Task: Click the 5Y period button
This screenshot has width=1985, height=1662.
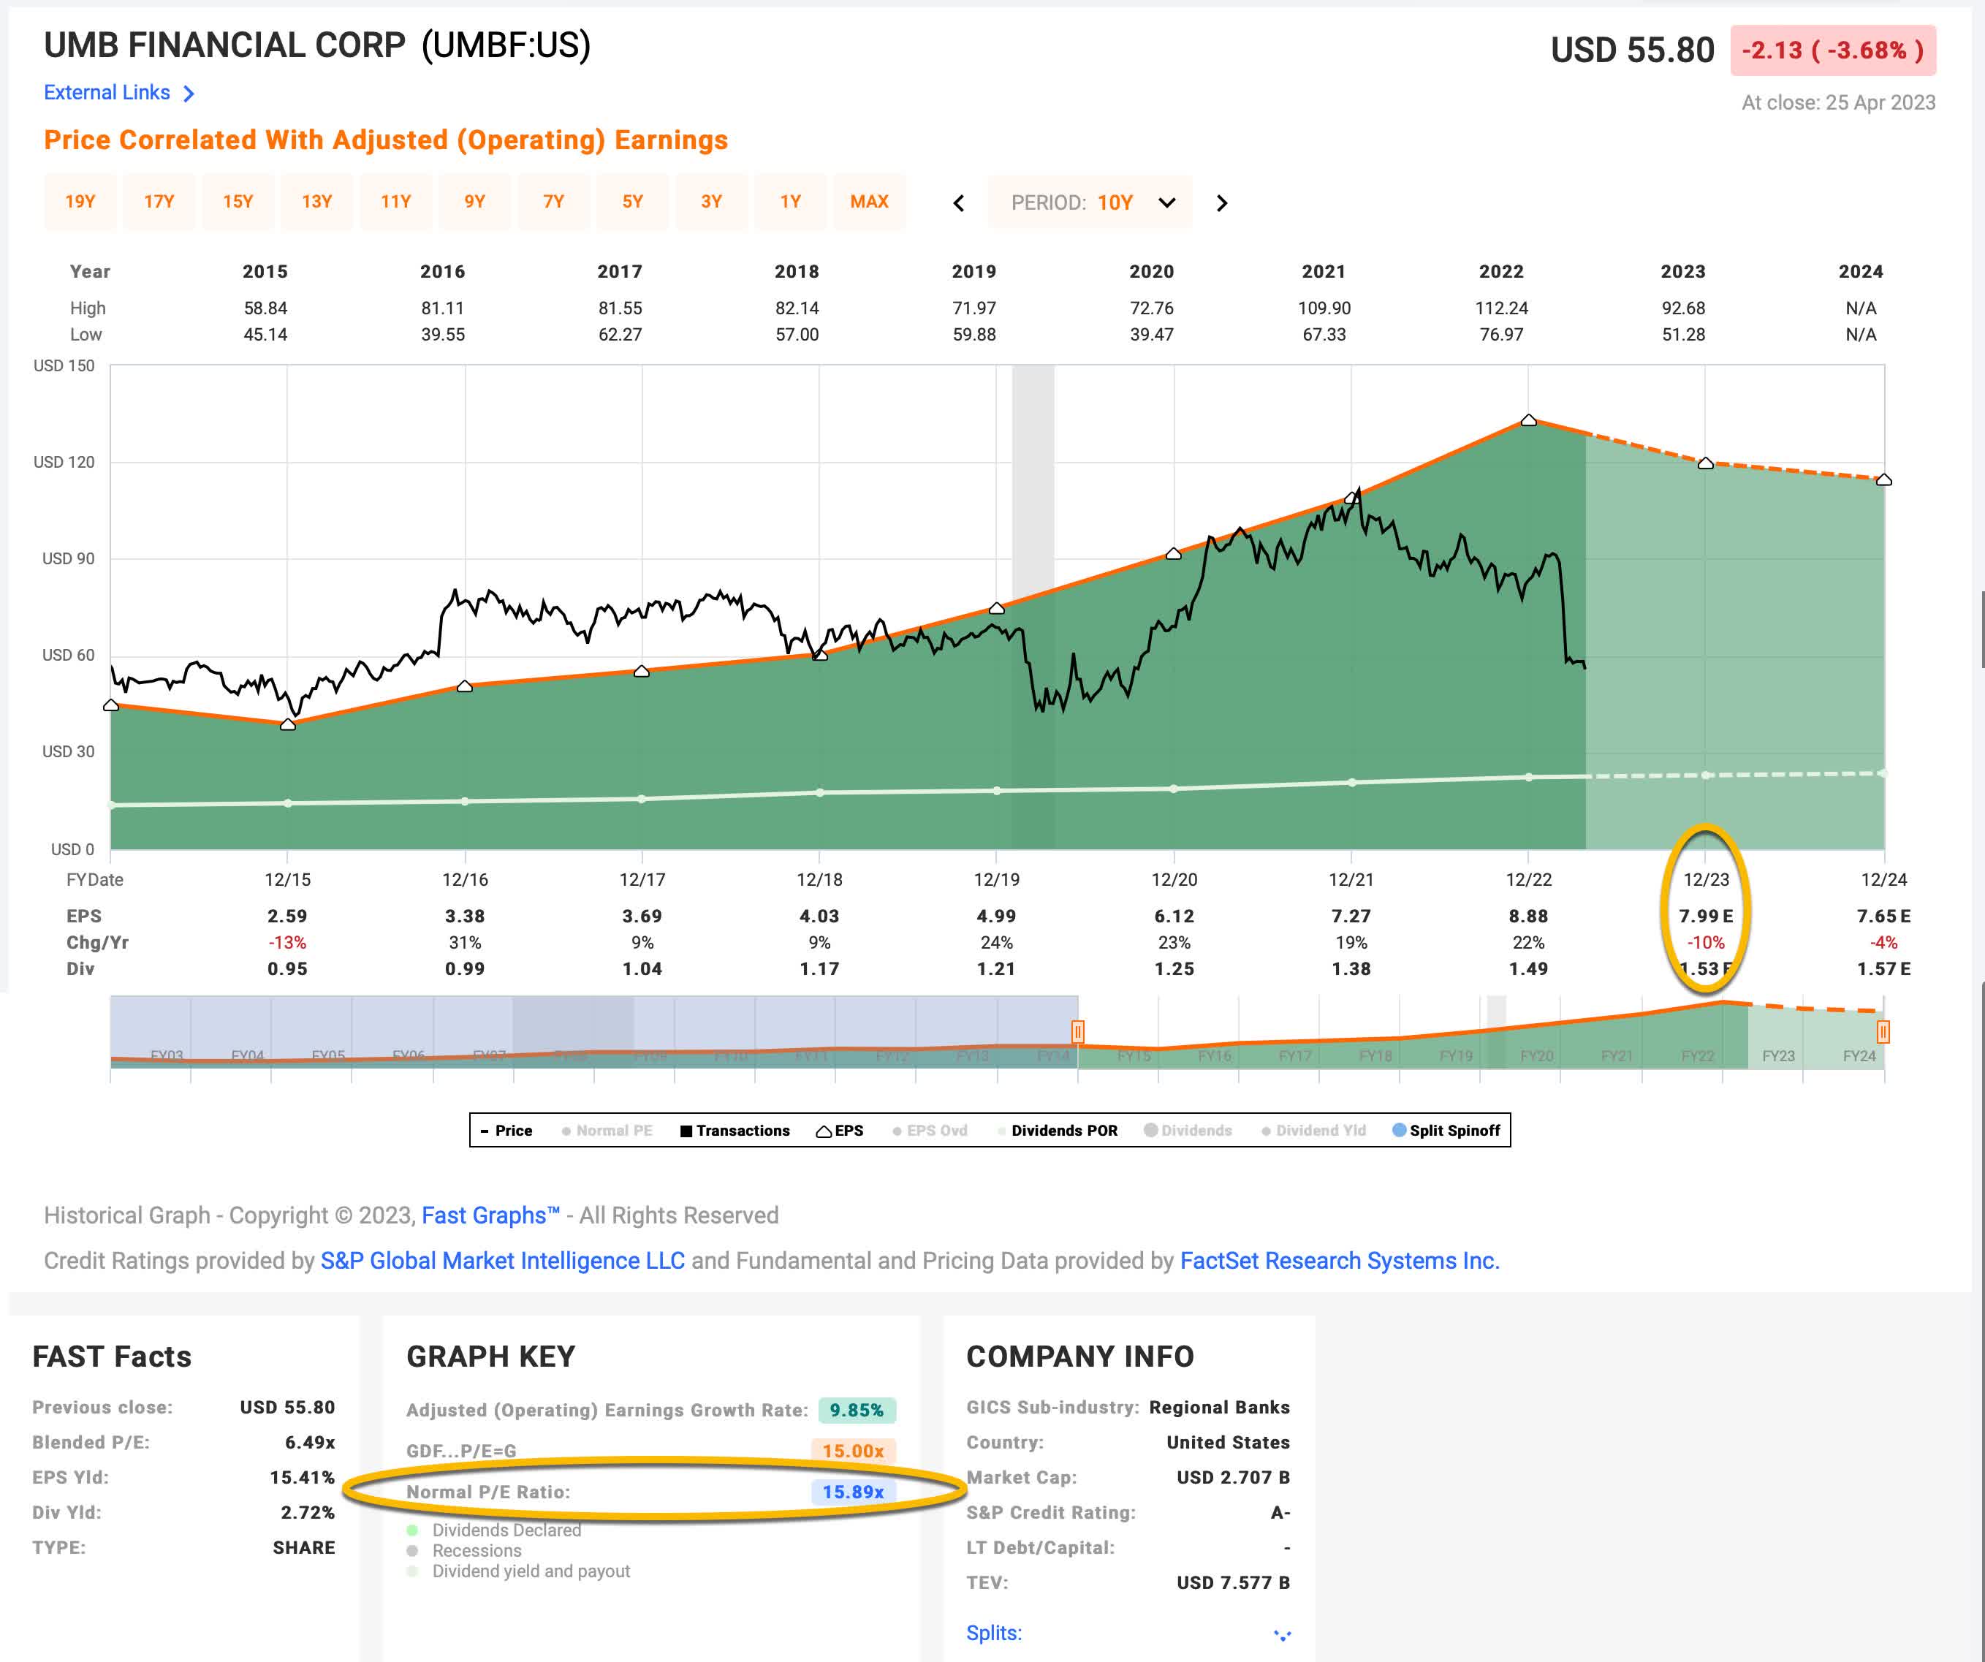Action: [x=632, y=202]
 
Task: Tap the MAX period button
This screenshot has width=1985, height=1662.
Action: [x=869, y=202]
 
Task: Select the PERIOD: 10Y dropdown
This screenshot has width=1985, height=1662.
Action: [x=1090, y=202]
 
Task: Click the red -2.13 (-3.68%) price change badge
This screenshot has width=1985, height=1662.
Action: [x=1832, y=50]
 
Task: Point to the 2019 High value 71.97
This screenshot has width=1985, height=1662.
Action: [x=973, y=308]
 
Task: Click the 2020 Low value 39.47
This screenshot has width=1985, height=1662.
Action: [x=1151, y=335]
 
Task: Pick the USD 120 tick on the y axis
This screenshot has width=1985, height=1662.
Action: [x=64, y=463]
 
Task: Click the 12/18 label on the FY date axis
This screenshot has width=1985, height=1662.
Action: [x=819, y=879]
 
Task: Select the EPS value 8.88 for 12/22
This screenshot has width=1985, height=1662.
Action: [x=1527, y=916]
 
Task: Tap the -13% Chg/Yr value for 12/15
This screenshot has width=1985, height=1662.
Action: [x=287, y=943]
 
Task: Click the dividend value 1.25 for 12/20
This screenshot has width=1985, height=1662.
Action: [x=1174, y=969]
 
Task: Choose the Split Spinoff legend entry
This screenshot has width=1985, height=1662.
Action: [x=1446, y=1131]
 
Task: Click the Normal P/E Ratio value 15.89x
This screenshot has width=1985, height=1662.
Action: [x=853, y=1492]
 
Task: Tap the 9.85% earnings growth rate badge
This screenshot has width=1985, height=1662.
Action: [x=857, y=1411]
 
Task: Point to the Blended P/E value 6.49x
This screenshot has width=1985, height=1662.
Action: [x=309, y=1443]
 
